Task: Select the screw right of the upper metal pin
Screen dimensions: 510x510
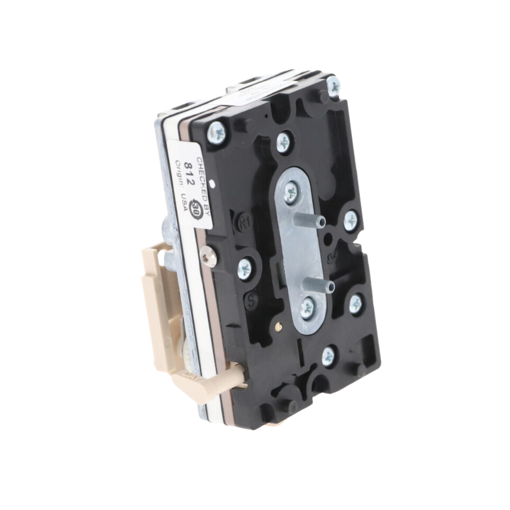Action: click(x=351, y=220)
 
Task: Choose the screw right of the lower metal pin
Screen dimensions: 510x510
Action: click(x=355, y=303)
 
